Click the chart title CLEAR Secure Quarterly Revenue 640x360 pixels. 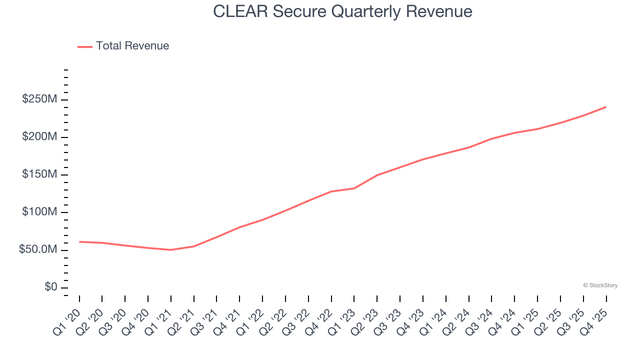342,11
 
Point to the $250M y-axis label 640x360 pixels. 39,99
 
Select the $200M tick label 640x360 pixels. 39,137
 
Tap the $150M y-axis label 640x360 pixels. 39,174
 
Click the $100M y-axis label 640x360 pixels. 39,212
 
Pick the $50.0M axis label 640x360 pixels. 38,249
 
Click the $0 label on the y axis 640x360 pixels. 50,287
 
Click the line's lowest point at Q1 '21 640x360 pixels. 171,250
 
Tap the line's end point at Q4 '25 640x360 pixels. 606,107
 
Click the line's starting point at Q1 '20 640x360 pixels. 79,241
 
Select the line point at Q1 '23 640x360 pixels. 354,188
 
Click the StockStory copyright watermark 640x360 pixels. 600,285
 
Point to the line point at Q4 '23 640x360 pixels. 423,159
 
